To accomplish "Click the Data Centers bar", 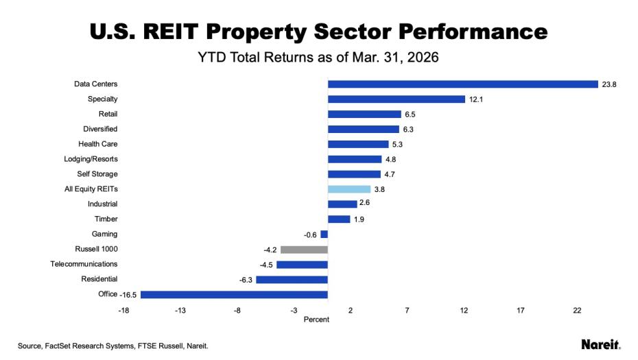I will point(463,84).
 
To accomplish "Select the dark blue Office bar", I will point(234,295).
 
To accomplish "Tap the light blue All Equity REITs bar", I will point(349,189).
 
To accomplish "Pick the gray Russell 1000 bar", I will point(304,250).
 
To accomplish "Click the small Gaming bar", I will point(324,235).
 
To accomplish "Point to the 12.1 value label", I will point(477,99).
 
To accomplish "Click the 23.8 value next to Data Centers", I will point(609,84).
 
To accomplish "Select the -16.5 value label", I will point(129,295).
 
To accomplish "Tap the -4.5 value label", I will point(264,265).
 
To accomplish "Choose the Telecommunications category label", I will point(84,264).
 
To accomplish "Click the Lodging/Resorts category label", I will point(92,159).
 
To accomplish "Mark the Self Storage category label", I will point(97,174).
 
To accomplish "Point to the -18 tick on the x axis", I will point(124,311).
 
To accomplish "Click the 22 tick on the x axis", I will point(577,311).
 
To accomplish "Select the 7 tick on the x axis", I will point(407,311).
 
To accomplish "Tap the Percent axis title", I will point(316,320).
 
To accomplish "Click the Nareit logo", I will point(600,344).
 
